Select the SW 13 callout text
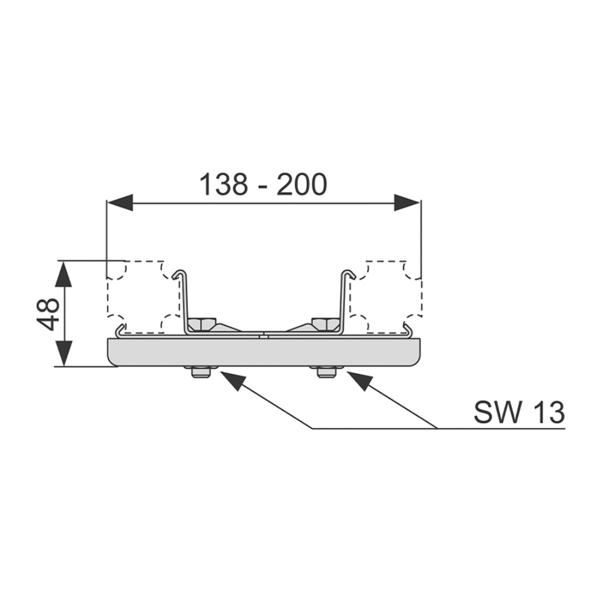(x=519, y=412)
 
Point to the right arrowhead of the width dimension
(x=407, y=202)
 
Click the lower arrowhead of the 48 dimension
(x=64, y=354)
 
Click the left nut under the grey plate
(x=200, y=373)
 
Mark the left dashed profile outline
(x=143, y=296)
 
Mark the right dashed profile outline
(x=386, y=296)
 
